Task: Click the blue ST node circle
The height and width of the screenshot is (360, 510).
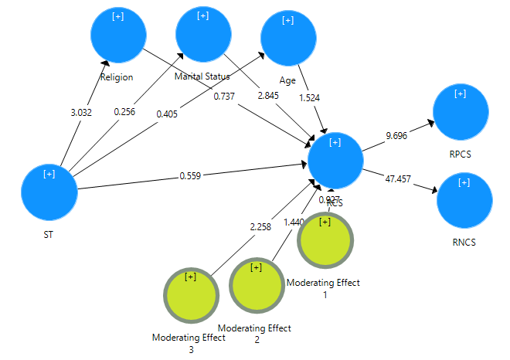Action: point(49,192)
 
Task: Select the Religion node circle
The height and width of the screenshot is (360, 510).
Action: point(118,35)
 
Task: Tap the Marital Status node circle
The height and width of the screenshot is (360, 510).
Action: point(203,34)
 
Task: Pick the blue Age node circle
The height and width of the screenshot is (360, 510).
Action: point(288,39)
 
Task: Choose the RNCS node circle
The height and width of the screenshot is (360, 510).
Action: point(464,201)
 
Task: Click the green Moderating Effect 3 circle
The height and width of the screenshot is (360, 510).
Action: point(191,295)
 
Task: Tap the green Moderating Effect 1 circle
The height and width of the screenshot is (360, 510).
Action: point(325,240)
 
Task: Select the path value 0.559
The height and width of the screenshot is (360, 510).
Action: point(192,175)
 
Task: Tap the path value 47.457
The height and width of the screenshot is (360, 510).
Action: point(398,178)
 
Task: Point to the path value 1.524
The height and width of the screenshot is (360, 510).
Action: point(310,98)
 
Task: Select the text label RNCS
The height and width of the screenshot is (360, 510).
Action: point(464,242)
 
